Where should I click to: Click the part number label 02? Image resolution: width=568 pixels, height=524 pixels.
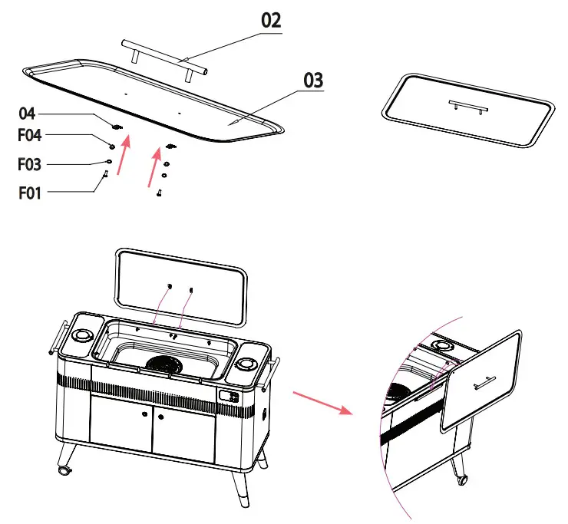click(271, 21)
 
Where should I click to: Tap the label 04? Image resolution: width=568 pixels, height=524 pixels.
click(28, 114)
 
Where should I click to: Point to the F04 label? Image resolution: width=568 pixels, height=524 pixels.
click(31, 137)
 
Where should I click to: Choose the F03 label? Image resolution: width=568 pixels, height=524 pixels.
click(31, 163)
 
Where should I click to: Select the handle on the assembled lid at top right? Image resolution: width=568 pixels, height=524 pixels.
click(466, 104)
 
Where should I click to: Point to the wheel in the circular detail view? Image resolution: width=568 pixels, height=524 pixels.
click(462, 480)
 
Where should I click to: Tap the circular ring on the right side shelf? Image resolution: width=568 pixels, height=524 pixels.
click(248, 364)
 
